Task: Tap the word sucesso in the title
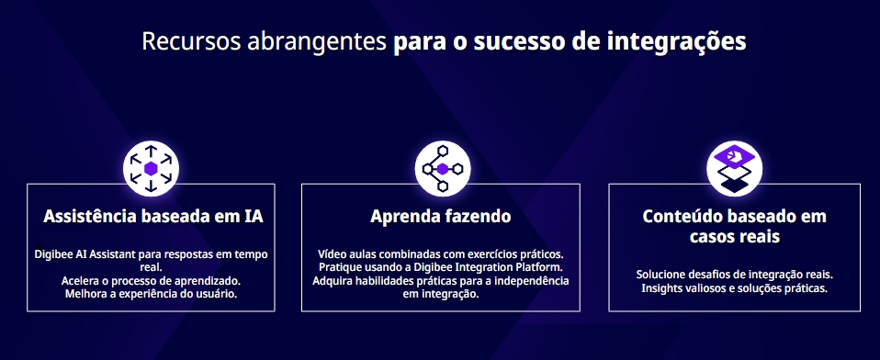[x=520, y=41]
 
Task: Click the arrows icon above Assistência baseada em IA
[x=151, y=168]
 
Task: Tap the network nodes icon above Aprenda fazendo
[x=443, y=168]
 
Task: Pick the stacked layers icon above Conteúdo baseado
[x=735, y=168]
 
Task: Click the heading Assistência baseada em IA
[x=153, y=217]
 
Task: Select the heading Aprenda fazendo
[x=441, y=217]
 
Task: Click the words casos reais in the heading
[x=735, y=237]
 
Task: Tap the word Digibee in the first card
[x=54, y=254]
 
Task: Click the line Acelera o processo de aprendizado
[x=151, y=280]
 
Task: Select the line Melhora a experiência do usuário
[x=151, y=294]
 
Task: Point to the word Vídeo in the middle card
[x=330, y=254]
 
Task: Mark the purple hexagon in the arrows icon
[x=151, y=168]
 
